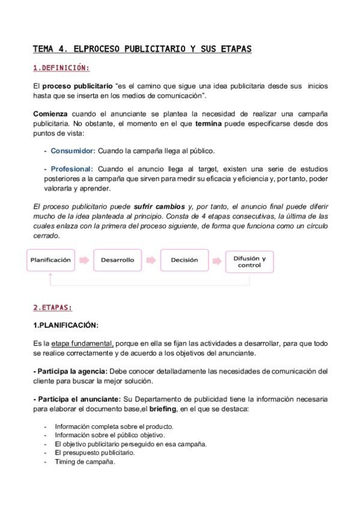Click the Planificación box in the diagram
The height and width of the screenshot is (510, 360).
51,260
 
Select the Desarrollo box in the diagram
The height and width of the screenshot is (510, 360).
117,260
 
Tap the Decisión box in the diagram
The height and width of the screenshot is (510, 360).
184,260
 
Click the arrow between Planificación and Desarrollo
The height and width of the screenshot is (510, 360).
84,260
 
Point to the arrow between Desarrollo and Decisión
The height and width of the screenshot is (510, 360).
151,260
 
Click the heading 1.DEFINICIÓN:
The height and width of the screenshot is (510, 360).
61,67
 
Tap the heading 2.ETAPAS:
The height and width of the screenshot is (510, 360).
53,307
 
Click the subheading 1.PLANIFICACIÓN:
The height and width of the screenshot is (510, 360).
66,325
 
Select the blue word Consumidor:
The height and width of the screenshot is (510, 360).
73,151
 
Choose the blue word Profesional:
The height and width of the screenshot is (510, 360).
72,169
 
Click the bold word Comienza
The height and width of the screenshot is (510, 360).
51,114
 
